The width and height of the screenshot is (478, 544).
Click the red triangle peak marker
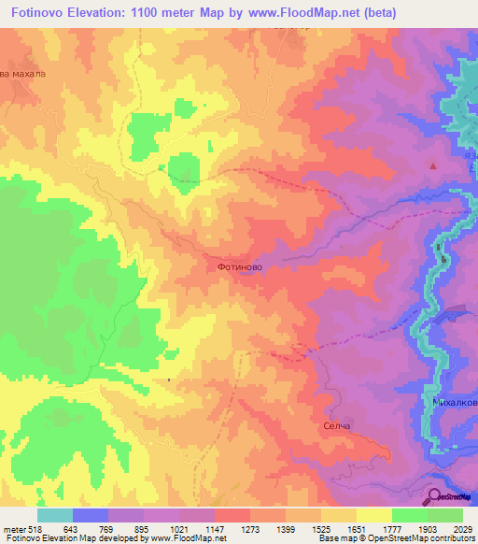pos(432,165)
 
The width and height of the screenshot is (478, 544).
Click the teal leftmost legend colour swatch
pos(55,515)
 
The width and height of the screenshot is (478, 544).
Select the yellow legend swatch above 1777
pos(373,515)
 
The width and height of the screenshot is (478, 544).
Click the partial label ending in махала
pos(22,73)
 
